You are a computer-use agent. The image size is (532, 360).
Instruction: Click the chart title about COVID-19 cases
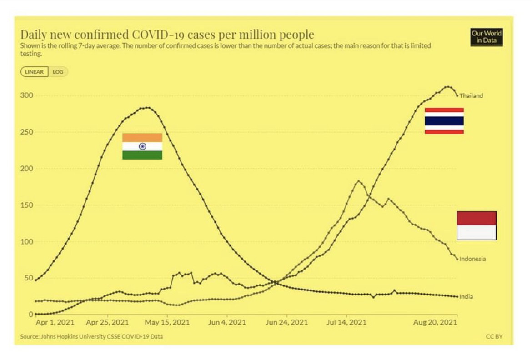[167, 35]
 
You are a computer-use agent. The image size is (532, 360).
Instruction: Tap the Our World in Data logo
[486, 37]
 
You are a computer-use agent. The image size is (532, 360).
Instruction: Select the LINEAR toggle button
[35, 72]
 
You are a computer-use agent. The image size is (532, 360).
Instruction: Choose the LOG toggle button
[58, 72]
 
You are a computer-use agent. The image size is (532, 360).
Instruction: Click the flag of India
[142, 146]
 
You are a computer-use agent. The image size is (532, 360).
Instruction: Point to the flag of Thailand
[444, 121]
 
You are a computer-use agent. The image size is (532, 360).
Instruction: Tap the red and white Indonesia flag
[477, 225]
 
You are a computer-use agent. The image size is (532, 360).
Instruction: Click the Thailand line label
[471, 96]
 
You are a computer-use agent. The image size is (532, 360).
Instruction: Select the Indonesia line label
[472, 259]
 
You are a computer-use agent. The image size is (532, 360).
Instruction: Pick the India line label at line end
[466, 297]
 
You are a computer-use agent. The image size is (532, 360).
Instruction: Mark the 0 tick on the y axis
[31, 314]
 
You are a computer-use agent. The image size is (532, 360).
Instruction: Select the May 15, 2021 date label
[167, 322]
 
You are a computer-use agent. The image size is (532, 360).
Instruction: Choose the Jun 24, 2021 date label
[286, 322]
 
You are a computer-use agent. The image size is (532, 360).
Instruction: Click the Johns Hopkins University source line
[91, 337]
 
